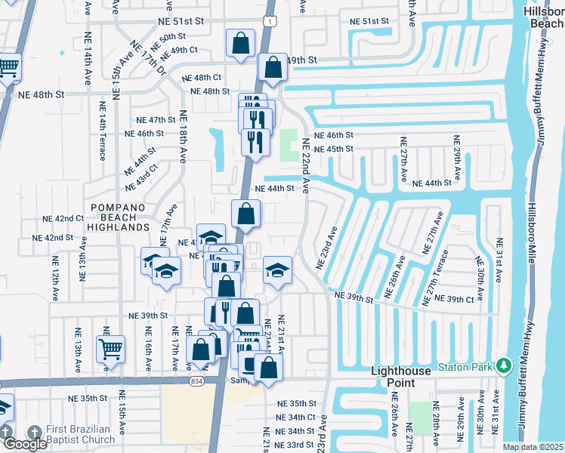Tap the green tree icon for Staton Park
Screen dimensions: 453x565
[503, 367]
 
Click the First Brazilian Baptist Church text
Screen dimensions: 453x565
[81, 434]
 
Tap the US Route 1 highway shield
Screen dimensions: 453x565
[270, 22]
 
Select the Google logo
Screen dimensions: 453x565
[25, 444]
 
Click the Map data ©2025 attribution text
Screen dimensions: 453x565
[533, 447]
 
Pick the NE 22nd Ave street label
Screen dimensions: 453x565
[306, 166]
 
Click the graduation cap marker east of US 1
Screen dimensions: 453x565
[277, 270]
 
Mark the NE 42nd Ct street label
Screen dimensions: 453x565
[64, 218]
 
